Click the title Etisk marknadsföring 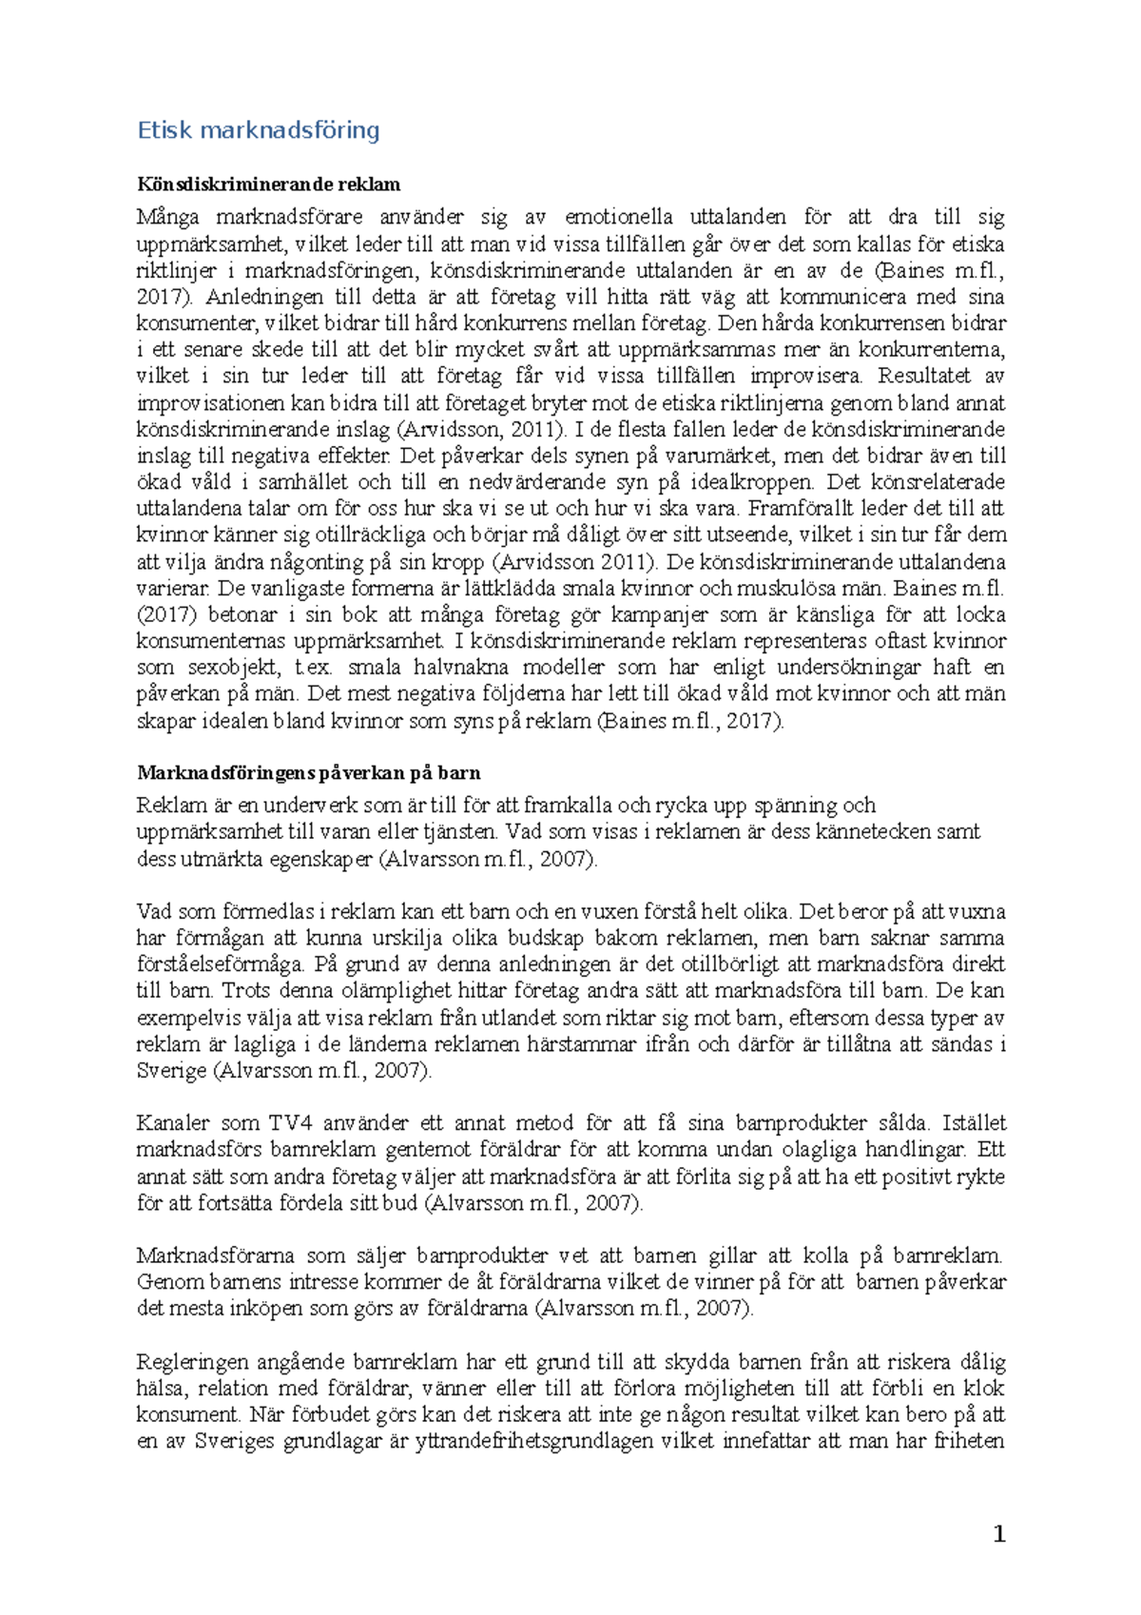click(259, 130)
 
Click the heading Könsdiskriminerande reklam click(268, 185)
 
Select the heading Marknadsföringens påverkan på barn click(309, 772)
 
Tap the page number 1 click(998, 1533)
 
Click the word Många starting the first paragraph click(163, 218)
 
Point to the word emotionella click(618, 218)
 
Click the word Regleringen click(192, 1362)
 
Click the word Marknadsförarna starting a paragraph click(215, 1255)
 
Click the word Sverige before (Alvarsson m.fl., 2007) click(172, 1071)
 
